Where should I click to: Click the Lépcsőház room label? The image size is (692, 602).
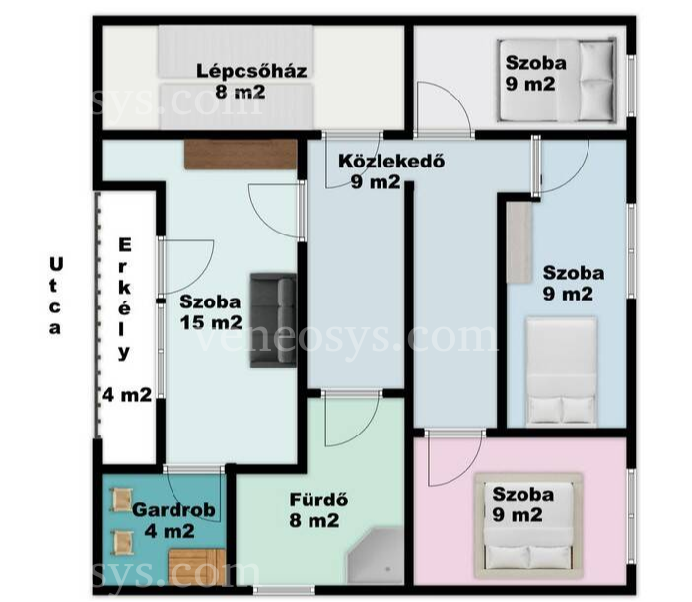(251, 71)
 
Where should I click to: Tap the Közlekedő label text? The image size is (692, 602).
(391, 161)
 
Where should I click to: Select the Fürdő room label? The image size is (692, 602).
(318, 500)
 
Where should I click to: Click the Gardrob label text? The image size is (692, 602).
(173, 510)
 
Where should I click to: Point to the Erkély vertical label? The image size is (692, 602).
(125, 300)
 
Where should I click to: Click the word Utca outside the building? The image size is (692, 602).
(55, 297)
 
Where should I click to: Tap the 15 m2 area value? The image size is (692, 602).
(211, 323)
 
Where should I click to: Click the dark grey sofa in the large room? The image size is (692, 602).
(273, 320)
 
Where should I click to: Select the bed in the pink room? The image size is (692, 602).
(528, 526)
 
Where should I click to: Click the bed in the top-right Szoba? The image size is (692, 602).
(557, 80)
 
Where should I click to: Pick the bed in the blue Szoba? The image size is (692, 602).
(562, 371)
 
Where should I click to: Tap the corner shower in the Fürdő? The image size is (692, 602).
(376, 556)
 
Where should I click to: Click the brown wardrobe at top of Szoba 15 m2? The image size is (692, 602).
(241, 155)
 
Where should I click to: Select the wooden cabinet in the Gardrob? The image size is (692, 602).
(196, 568)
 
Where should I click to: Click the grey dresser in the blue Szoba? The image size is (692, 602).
(519, 242)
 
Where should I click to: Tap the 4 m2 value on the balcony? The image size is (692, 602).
(127, 395)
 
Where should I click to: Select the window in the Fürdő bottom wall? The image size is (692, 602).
(284, 590)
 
